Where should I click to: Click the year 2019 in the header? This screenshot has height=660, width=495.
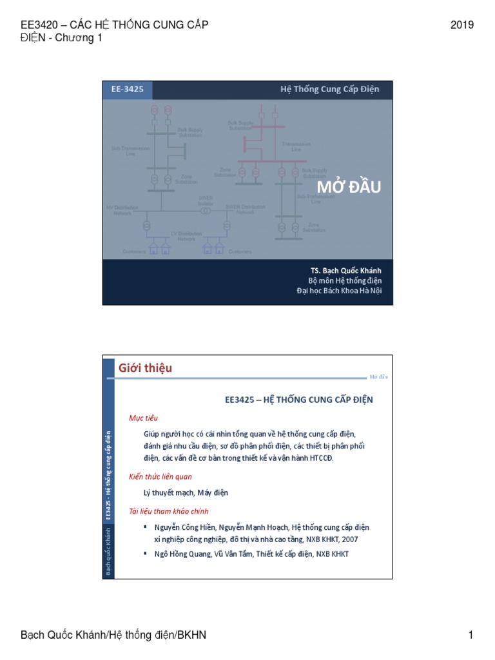462,25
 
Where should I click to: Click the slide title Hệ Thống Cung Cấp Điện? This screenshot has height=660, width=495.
329,90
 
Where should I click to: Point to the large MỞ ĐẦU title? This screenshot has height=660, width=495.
349,188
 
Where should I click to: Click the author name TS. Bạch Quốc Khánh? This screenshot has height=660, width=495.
345,270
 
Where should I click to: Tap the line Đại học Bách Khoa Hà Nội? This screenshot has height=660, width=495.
339,291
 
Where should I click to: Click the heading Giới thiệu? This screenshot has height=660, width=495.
145,368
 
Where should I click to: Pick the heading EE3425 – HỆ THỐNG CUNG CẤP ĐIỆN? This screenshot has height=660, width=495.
299,400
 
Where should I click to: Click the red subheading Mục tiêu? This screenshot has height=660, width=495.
143,418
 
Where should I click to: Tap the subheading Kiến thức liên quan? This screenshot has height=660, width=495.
160,476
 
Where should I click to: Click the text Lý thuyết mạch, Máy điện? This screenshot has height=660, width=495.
186,493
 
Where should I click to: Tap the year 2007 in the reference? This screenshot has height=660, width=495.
349,539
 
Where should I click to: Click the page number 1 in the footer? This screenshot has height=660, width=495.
471,636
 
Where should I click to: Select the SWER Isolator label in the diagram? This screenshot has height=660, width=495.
206,201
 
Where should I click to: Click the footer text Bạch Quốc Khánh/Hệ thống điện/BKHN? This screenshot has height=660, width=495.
113,636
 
